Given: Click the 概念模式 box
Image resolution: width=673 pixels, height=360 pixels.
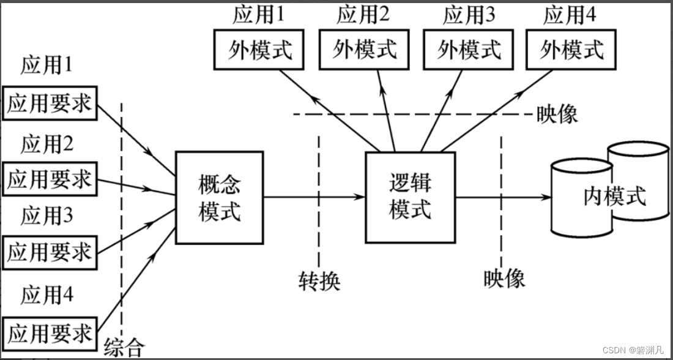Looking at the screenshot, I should click(x=220, y=197).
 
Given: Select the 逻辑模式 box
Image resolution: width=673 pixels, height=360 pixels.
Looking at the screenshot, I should click(x=410, y=197).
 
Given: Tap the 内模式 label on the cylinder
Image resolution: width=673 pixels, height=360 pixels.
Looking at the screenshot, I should click(x=614, y=197).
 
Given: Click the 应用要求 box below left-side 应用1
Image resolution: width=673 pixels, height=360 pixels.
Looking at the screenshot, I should click(x=49, y=103).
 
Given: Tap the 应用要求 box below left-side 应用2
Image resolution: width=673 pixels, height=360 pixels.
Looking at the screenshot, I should click(x=49, y=179).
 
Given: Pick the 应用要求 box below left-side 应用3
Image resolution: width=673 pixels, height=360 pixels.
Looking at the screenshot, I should click(x=49, y=252).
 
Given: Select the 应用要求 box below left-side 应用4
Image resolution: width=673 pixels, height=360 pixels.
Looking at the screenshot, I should click(x=49, y=333).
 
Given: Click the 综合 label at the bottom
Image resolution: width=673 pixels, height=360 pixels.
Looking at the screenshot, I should click(x=124, y=347).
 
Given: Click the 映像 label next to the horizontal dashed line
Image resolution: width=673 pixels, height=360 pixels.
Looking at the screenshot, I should click(x=556, y=114).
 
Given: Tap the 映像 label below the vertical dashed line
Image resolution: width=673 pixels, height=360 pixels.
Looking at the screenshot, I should click(x=504, y=278).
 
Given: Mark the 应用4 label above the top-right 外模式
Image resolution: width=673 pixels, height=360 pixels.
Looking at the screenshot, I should click(x=570, y=15).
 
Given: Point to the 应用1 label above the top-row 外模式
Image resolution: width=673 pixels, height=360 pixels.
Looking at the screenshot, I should click(x=258, y=15).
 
